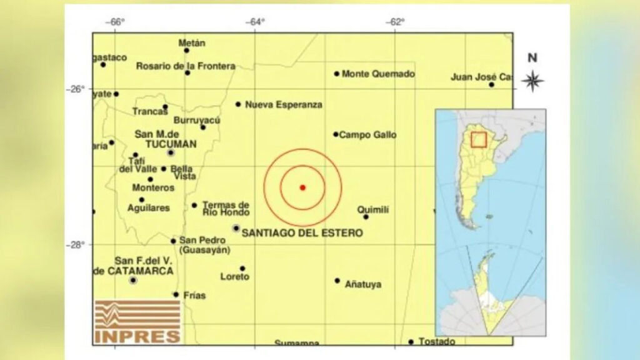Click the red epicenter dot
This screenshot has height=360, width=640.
302,187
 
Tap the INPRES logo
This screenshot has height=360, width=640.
137,321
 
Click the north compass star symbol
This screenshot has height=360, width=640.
532,81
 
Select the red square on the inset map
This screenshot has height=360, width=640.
479,139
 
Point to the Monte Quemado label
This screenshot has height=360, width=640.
378,74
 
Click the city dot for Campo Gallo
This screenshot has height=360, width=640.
336,134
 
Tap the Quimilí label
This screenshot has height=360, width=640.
373,210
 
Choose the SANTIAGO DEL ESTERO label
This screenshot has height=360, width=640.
302,233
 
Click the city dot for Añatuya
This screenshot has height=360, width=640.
337,281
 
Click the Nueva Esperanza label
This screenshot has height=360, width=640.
284,104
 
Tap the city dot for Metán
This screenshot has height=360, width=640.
186,50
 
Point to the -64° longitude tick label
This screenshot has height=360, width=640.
254,22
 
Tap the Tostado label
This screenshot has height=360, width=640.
437,341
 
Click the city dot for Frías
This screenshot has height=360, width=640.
176,294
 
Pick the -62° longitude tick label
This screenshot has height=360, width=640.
395,22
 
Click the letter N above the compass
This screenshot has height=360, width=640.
532,58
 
